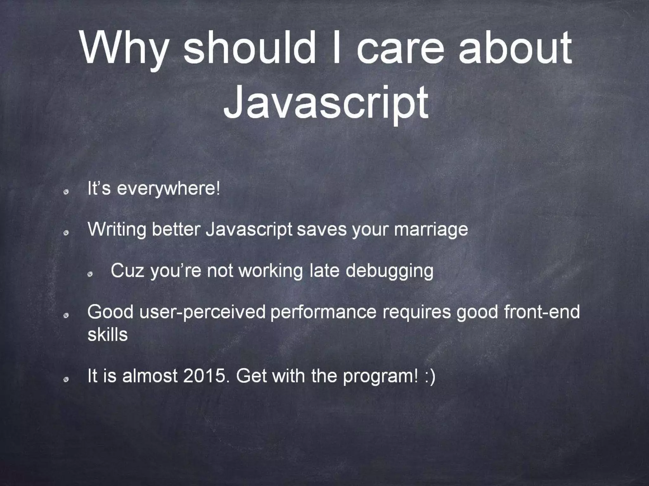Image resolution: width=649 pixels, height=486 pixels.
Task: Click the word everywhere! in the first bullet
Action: point(168,189)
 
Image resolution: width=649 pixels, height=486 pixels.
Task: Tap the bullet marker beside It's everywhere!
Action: point(66,192)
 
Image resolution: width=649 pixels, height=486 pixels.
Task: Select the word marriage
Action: point(431,230)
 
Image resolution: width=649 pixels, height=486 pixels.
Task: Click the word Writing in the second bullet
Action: point(117,230)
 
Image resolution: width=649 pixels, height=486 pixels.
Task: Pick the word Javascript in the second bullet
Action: point(249,230)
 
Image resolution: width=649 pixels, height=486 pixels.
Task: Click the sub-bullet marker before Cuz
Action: point(90,274)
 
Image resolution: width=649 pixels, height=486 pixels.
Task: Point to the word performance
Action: point(323,312)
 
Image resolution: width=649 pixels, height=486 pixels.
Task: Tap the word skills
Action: point(107,335)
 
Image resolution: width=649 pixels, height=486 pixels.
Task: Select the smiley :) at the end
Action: point(430,377)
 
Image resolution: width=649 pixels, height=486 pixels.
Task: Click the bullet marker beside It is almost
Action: point(66,380)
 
